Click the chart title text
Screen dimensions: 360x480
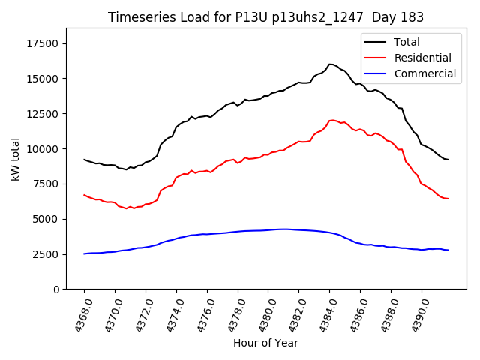pos(265,17)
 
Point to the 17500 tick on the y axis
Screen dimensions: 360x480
pos(43,43)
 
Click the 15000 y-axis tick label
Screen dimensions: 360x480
pos(43,79)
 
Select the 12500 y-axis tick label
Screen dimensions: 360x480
pos(43,114)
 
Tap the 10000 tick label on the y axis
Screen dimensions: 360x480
pos(43,149)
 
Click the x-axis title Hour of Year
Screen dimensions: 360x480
pos(265,343)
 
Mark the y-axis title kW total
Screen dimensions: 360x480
pos(15,159)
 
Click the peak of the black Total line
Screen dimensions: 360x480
pos(330,64)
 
